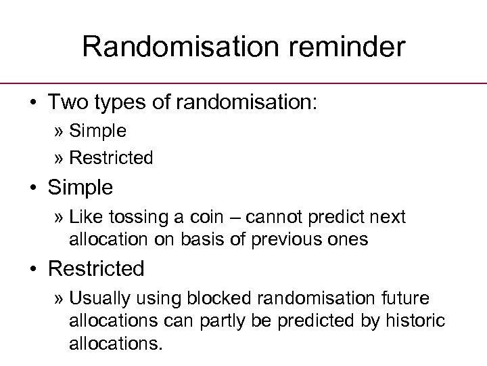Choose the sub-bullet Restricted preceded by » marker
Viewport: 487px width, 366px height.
click(112, 158)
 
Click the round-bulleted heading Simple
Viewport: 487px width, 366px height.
click(81, 186)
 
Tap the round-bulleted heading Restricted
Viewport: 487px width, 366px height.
click(96, 269)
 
